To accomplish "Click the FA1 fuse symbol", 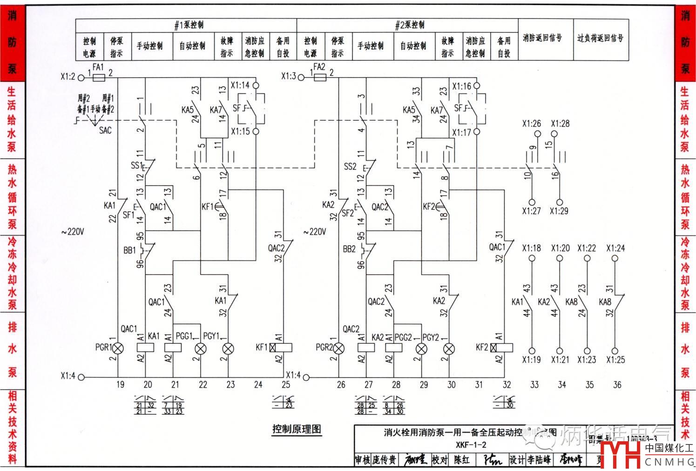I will pyautogui.click(x=99, y=78).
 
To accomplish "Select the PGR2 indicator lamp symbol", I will pyautogui.click(x=338, y=348).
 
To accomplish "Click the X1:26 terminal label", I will pyautogui.click(x=531, y=124).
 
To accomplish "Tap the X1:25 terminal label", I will pyautogui.click(x=615, y=360).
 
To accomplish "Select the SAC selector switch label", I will pyautogui.click(x=105, y=131).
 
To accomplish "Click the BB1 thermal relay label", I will pyautogui.click(x=129, y=250).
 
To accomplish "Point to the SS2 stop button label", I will pyautogui.click(x=350, y=167).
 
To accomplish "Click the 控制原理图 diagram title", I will pyautogui.click(x=297, y=429).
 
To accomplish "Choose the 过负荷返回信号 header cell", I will pyautogui.click(x=600, y=39).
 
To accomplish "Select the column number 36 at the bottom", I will pyautogui.click(x=617, y=384).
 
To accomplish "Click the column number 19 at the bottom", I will pyautogui.click(x=120, y=384).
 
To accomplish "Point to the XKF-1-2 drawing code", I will pyautogui.click(x=471, y=444).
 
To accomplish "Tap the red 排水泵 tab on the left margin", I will pyautogui.click(x=12, y=349).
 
